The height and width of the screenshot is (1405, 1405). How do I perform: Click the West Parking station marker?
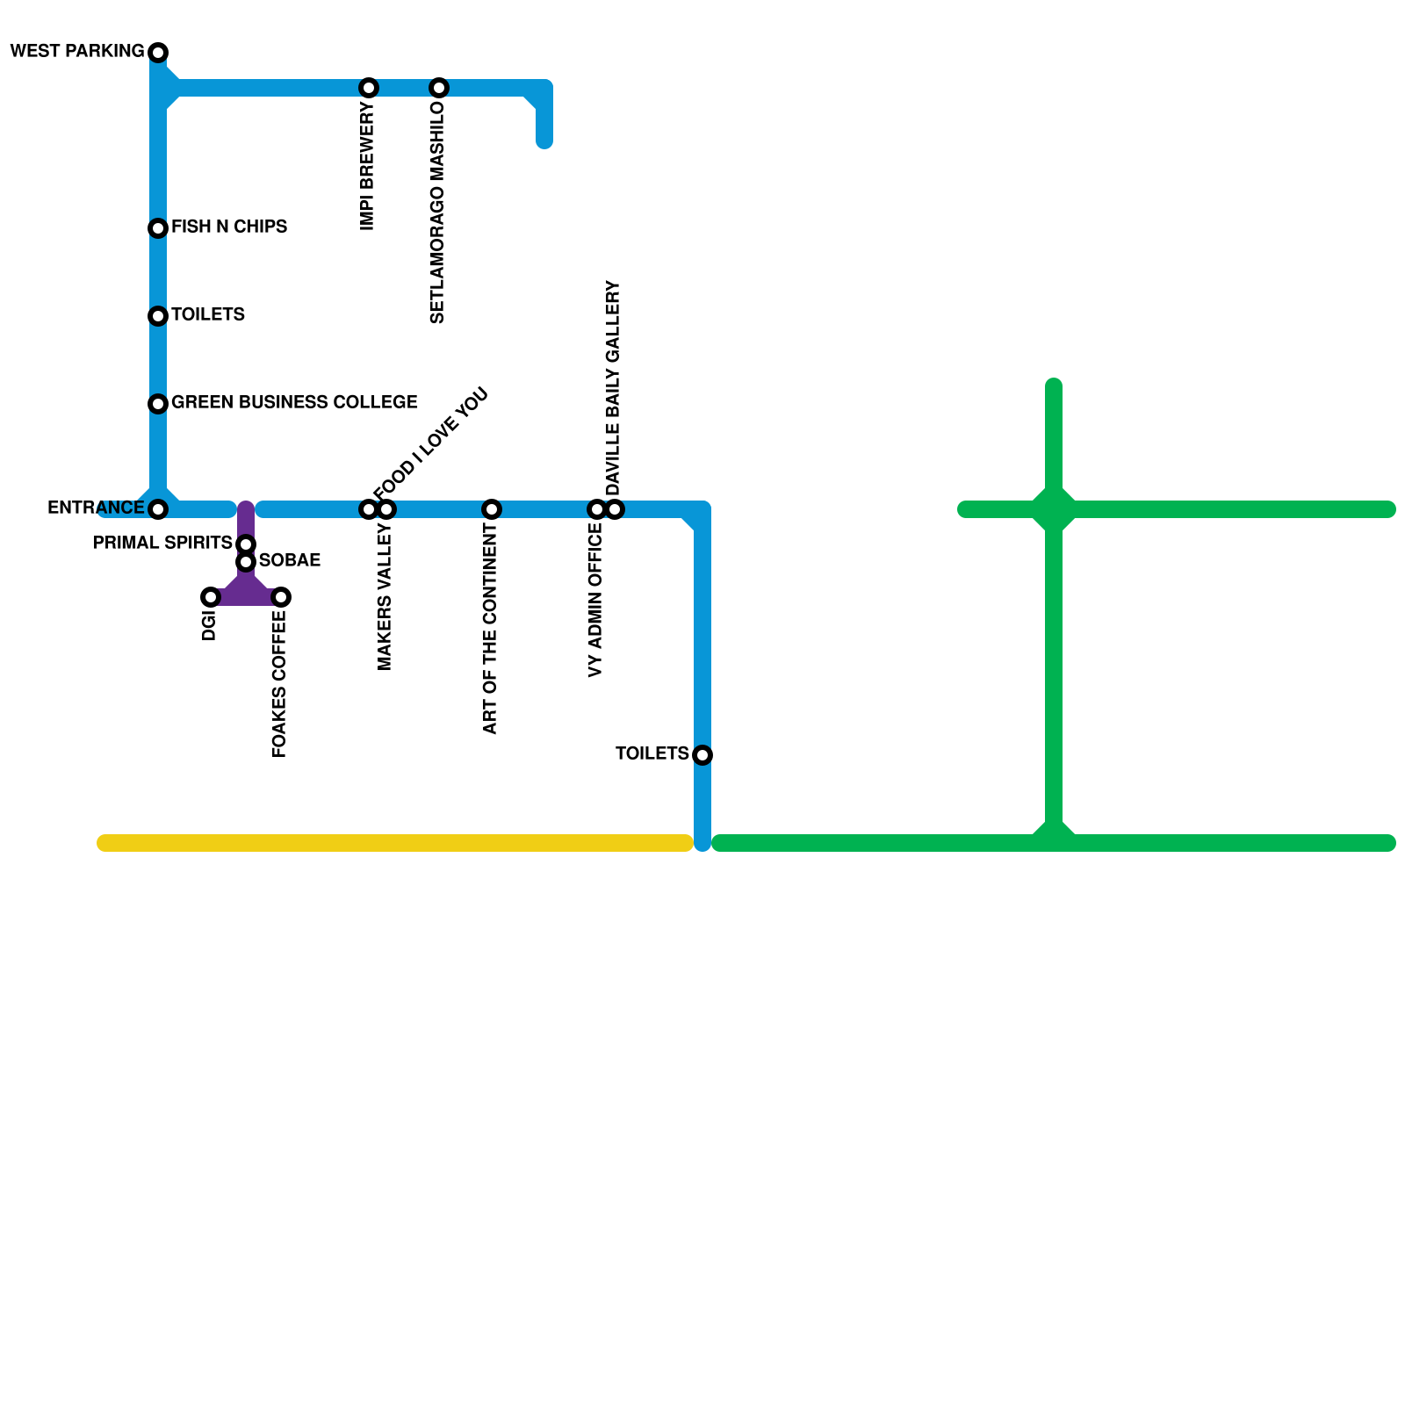coord(158,53)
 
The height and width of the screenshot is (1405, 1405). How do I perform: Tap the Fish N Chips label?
coord(229,227)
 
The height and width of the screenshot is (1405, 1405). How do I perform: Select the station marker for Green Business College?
coord(158,404)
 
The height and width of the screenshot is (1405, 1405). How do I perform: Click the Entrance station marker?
coord(158,509)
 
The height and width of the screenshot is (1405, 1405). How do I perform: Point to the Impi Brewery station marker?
coord(369,88)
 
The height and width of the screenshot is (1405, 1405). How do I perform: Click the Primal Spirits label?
coord(162,543)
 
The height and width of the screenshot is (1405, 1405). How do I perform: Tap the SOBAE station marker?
coord(247,562)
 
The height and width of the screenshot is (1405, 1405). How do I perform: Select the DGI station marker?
coord(211,597)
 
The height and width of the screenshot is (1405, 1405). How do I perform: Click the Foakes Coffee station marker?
coord(281,597)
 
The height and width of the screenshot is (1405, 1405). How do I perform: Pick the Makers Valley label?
coord(385,597)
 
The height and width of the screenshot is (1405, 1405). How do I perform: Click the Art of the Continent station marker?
coord(492,509)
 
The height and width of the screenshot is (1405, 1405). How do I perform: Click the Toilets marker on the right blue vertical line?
coord(702,755)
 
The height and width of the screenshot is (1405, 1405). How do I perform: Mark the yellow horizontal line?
coord(395,844)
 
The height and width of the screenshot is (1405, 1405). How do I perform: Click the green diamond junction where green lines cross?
coord(1054,509)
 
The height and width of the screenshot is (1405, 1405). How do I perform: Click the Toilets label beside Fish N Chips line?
coord(208,314)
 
